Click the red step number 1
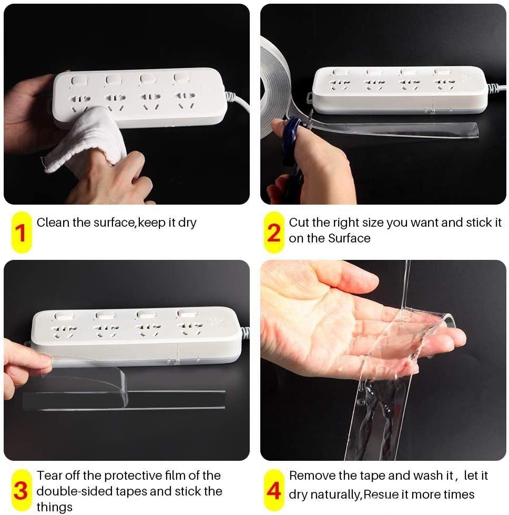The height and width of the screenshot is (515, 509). coord(21,233)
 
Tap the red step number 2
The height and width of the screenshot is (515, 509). coord(274,233)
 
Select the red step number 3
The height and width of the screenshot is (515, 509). coord(21,491)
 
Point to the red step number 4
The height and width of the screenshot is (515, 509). coord(274,491)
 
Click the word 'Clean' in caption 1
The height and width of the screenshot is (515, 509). coord(53,223)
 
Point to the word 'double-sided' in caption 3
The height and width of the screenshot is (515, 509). coord(75,491)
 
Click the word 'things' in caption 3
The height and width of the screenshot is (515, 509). coord(55,507)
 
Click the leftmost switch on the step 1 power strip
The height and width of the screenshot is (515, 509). coord(78,80)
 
